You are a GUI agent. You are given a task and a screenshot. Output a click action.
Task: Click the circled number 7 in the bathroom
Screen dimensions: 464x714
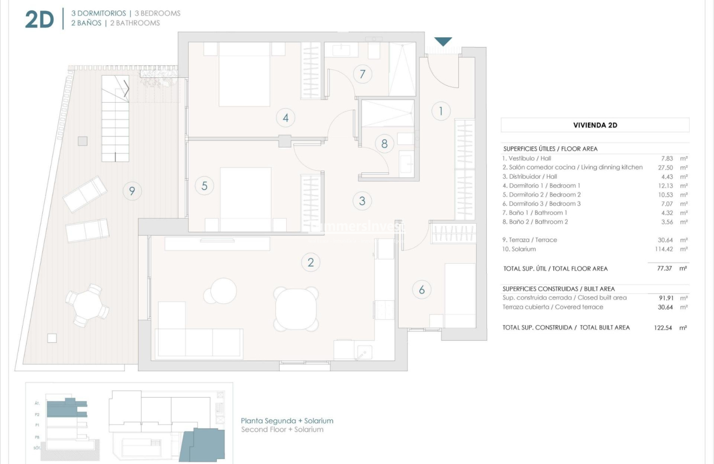pyautogui.click(x=362, y=74)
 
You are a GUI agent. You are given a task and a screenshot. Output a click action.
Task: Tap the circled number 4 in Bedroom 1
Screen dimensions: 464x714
pyautogui.click(x=285, y=117)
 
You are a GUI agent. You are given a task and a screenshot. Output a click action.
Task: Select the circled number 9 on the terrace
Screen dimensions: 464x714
pyautogui.click(x=132, y=191)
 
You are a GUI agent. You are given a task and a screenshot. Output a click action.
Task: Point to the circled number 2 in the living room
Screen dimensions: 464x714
pyautogui.click(x=310, y=263)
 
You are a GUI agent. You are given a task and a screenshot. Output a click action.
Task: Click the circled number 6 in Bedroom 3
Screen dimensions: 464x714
pyautogui.click(x=422, y=290)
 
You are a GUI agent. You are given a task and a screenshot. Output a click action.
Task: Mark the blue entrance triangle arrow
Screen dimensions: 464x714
pyautogui.click(x=443, y=42)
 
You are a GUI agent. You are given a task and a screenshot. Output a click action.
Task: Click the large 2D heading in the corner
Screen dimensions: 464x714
pyautogui.click(x=39, y=19)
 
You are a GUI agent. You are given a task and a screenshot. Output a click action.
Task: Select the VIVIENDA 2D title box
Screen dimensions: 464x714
pyautogui.click(x=595, y=125)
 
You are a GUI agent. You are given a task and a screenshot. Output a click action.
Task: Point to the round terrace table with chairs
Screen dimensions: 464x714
pyautogui.click(x=87, y=306)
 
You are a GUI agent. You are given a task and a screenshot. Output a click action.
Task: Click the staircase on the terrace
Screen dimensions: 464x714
pyautogui.click(x=115, y=119)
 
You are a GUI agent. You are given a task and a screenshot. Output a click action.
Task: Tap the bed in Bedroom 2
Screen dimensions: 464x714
pyautogui.click(x=246, y=199)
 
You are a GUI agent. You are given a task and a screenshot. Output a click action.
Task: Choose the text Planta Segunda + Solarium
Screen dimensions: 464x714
pyautogui.click(x=287, y=421)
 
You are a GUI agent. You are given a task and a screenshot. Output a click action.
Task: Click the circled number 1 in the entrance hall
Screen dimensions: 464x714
pyautogui.click(x=441, y=111)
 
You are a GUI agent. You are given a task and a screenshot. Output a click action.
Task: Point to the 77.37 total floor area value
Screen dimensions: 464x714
pyautogui.click(x=664, y=268)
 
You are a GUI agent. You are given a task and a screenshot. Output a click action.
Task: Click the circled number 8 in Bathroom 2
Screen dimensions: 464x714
pyautogui.click(x=385, y=144)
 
